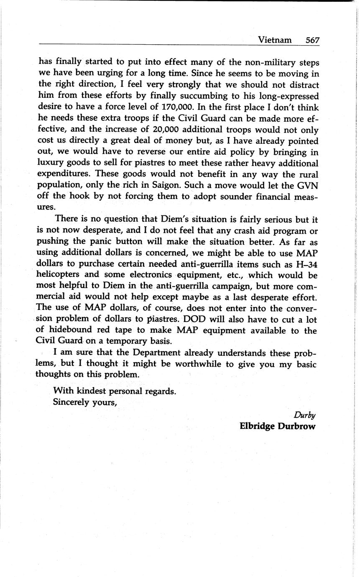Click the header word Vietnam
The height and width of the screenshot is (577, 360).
275,40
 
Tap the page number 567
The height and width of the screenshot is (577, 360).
312,40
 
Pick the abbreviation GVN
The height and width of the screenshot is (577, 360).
306,185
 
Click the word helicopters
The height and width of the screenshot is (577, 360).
62,275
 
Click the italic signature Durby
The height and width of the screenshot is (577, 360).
304,415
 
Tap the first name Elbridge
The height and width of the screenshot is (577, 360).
256,426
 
